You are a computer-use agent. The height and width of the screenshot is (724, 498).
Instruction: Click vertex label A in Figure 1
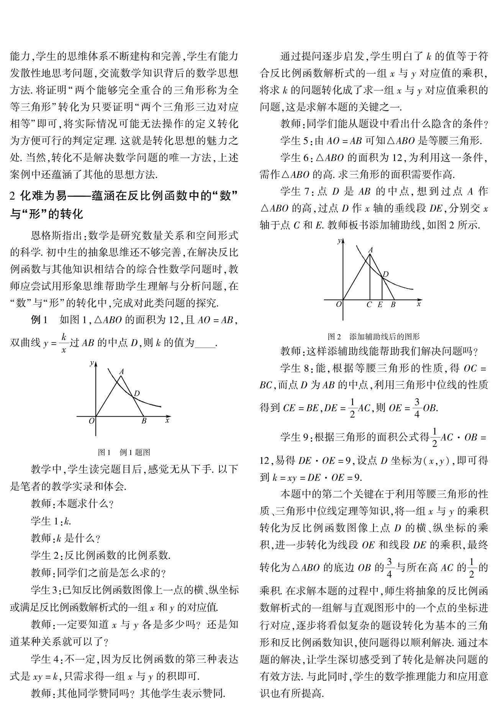pos(122,371)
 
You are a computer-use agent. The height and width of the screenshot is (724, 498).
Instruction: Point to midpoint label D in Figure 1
pos(137,393)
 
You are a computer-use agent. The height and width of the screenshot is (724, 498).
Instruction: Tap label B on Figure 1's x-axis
pos(144,421)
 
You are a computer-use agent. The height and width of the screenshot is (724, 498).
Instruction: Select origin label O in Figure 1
pos(92,421)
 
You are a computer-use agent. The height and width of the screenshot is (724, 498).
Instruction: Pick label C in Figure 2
pos(369,305)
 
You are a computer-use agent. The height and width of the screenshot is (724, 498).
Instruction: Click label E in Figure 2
pos(380,305)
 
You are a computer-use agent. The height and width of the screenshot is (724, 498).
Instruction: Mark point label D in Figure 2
pos(386,274)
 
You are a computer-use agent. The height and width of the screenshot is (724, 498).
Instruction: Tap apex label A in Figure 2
pos(370,250)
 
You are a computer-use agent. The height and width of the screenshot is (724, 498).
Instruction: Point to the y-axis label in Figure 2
pos(339,241)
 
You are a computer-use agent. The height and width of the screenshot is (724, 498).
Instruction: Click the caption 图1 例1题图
pos(124,452)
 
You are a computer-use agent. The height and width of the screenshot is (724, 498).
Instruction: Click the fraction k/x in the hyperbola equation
pos(65,343)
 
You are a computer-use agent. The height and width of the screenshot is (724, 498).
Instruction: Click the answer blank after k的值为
pos(205,343)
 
